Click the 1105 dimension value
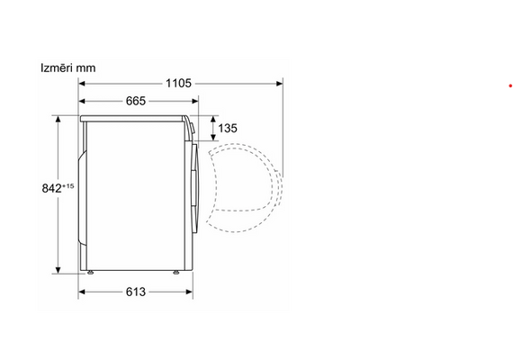tap(178, 83)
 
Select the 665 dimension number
tap(136, 101)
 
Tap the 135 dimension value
tap(228, 128)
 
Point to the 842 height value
tap(51, 188)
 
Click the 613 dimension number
tap(136, 292)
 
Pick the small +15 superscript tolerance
tap(68, 186)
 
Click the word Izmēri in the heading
tap(57, 67)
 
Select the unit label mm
tap(85, 68)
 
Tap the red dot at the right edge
tap(510, 85)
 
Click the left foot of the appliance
tap(90, 272)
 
